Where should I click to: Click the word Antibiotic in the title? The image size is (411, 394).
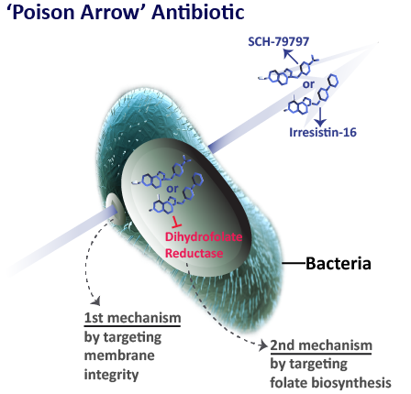(x=198, y=13)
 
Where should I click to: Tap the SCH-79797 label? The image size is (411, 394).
(x=278, y=42)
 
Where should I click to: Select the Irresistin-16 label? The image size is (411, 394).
(x=323, y=132)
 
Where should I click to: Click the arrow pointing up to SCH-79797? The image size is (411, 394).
(x=291, y=57)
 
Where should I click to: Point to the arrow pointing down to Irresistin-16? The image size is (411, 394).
(x=320, y=116)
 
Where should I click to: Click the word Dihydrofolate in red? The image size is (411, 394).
(x=204, y=237)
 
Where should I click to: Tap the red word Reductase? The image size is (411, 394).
(x=194, y=253)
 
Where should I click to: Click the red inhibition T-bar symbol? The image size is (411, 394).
(x=176, y=222)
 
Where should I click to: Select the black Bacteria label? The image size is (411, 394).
(x=339, y=263)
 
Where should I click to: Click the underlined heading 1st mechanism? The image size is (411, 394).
(x=132, y=318)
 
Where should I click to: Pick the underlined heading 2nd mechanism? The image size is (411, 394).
(x=321, y=345)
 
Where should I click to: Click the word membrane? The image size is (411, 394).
(x=119, y=356)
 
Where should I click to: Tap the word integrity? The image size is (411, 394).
(x=111, y=375)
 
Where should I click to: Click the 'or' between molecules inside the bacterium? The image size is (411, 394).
(x=172, y=189)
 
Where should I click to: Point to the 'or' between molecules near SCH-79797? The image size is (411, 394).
(x=308, y=84)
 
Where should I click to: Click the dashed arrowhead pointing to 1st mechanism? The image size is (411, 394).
(x=96, y=301)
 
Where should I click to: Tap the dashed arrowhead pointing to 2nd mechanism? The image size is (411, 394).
(x=262, y=345)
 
